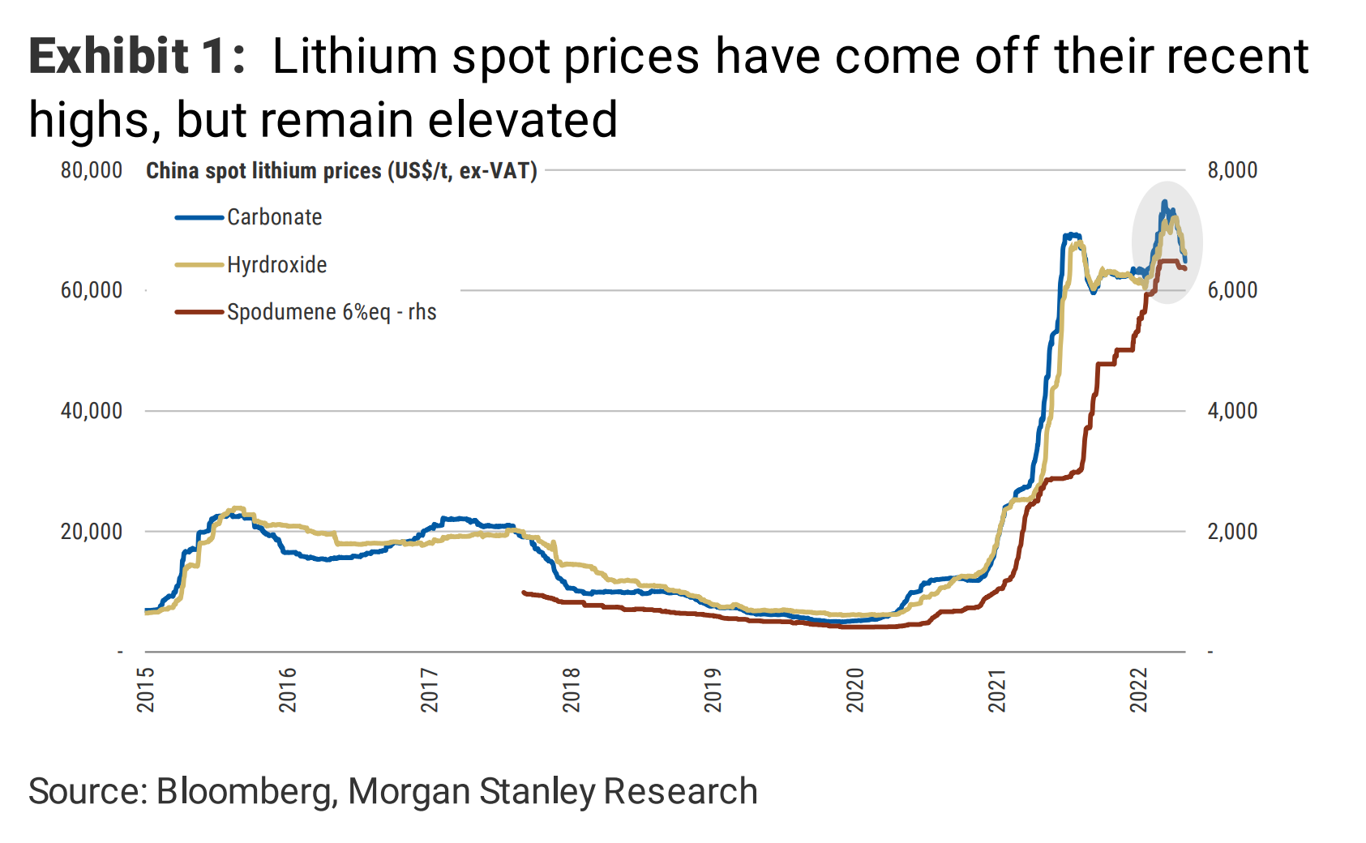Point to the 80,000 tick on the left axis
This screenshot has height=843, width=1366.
pos(92,170)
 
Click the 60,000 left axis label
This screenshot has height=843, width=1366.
pos(92,290)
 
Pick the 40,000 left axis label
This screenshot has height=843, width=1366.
pos(92,411)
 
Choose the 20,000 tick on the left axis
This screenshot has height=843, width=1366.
pos(92,532)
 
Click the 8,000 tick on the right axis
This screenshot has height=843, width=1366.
pos(1232,170)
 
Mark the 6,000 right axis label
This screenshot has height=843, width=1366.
pos(1232,290)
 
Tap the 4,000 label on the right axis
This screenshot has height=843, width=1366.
pos(1232,411)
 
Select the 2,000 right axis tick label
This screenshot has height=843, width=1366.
pos(1232,532)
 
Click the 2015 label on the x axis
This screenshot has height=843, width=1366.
pos(146,690)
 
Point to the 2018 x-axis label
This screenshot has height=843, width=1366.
pos(572,690)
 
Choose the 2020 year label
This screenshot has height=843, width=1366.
pos(855,690)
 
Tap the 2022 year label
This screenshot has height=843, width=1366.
pos(1139,690)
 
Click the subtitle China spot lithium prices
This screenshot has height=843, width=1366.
pos(341,171)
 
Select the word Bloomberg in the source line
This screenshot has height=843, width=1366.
pos(246,792)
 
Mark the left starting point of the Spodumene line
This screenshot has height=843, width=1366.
pos(524,593)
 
